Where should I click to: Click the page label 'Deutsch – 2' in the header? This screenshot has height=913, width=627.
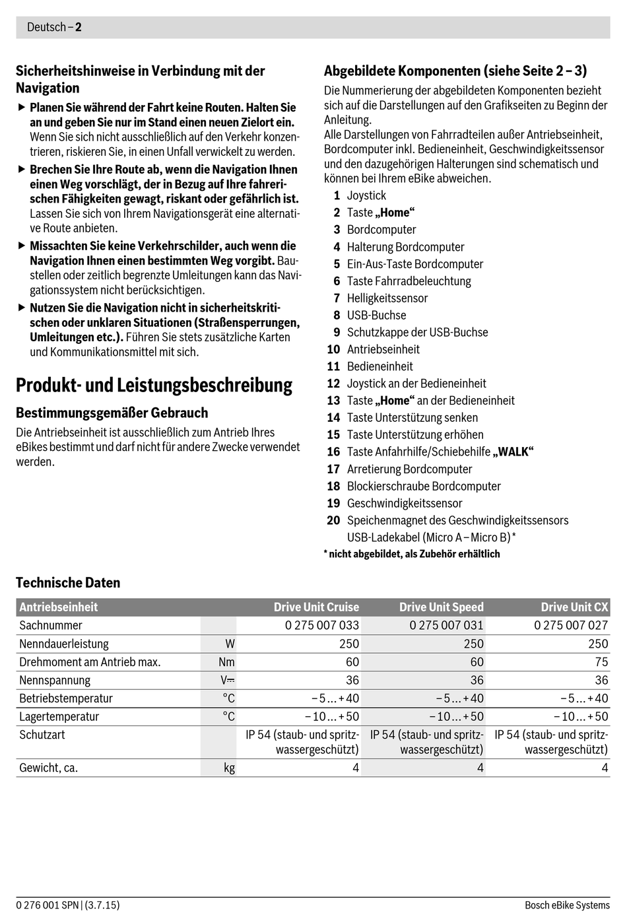pos(54,27)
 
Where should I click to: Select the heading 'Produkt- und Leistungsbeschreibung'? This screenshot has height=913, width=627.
pos(154,385)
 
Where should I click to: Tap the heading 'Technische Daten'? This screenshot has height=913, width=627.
pos(68,582)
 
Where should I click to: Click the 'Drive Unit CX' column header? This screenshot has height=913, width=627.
pos(574,607)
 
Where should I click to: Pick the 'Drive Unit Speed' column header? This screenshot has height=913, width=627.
pos(441,607)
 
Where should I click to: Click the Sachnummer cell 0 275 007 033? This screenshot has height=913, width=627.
pos(322,625)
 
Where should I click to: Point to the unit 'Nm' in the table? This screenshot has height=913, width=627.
pos(226,661)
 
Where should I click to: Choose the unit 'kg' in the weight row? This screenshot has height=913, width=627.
pos(229,768)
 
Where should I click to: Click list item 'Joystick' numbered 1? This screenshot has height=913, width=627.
pos(366,195)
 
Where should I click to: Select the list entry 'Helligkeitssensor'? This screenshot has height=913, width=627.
pos(387,298)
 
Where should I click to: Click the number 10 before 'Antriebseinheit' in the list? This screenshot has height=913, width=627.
pos(333,349)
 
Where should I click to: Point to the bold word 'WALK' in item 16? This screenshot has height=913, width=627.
pos(513,452)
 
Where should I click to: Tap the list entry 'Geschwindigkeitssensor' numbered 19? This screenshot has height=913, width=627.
pos(405,503)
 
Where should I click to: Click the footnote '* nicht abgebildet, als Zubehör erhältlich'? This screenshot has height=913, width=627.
pos(412,554)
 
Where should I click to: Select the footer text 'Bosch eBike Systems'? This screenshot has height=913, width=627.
pos(567,905)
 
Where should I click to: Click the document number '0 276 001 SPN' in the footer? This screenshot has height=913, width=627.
pos(48,905)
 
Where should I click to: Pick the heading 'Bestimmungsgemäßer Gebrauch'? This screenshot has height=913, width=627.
pos(112,413)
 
